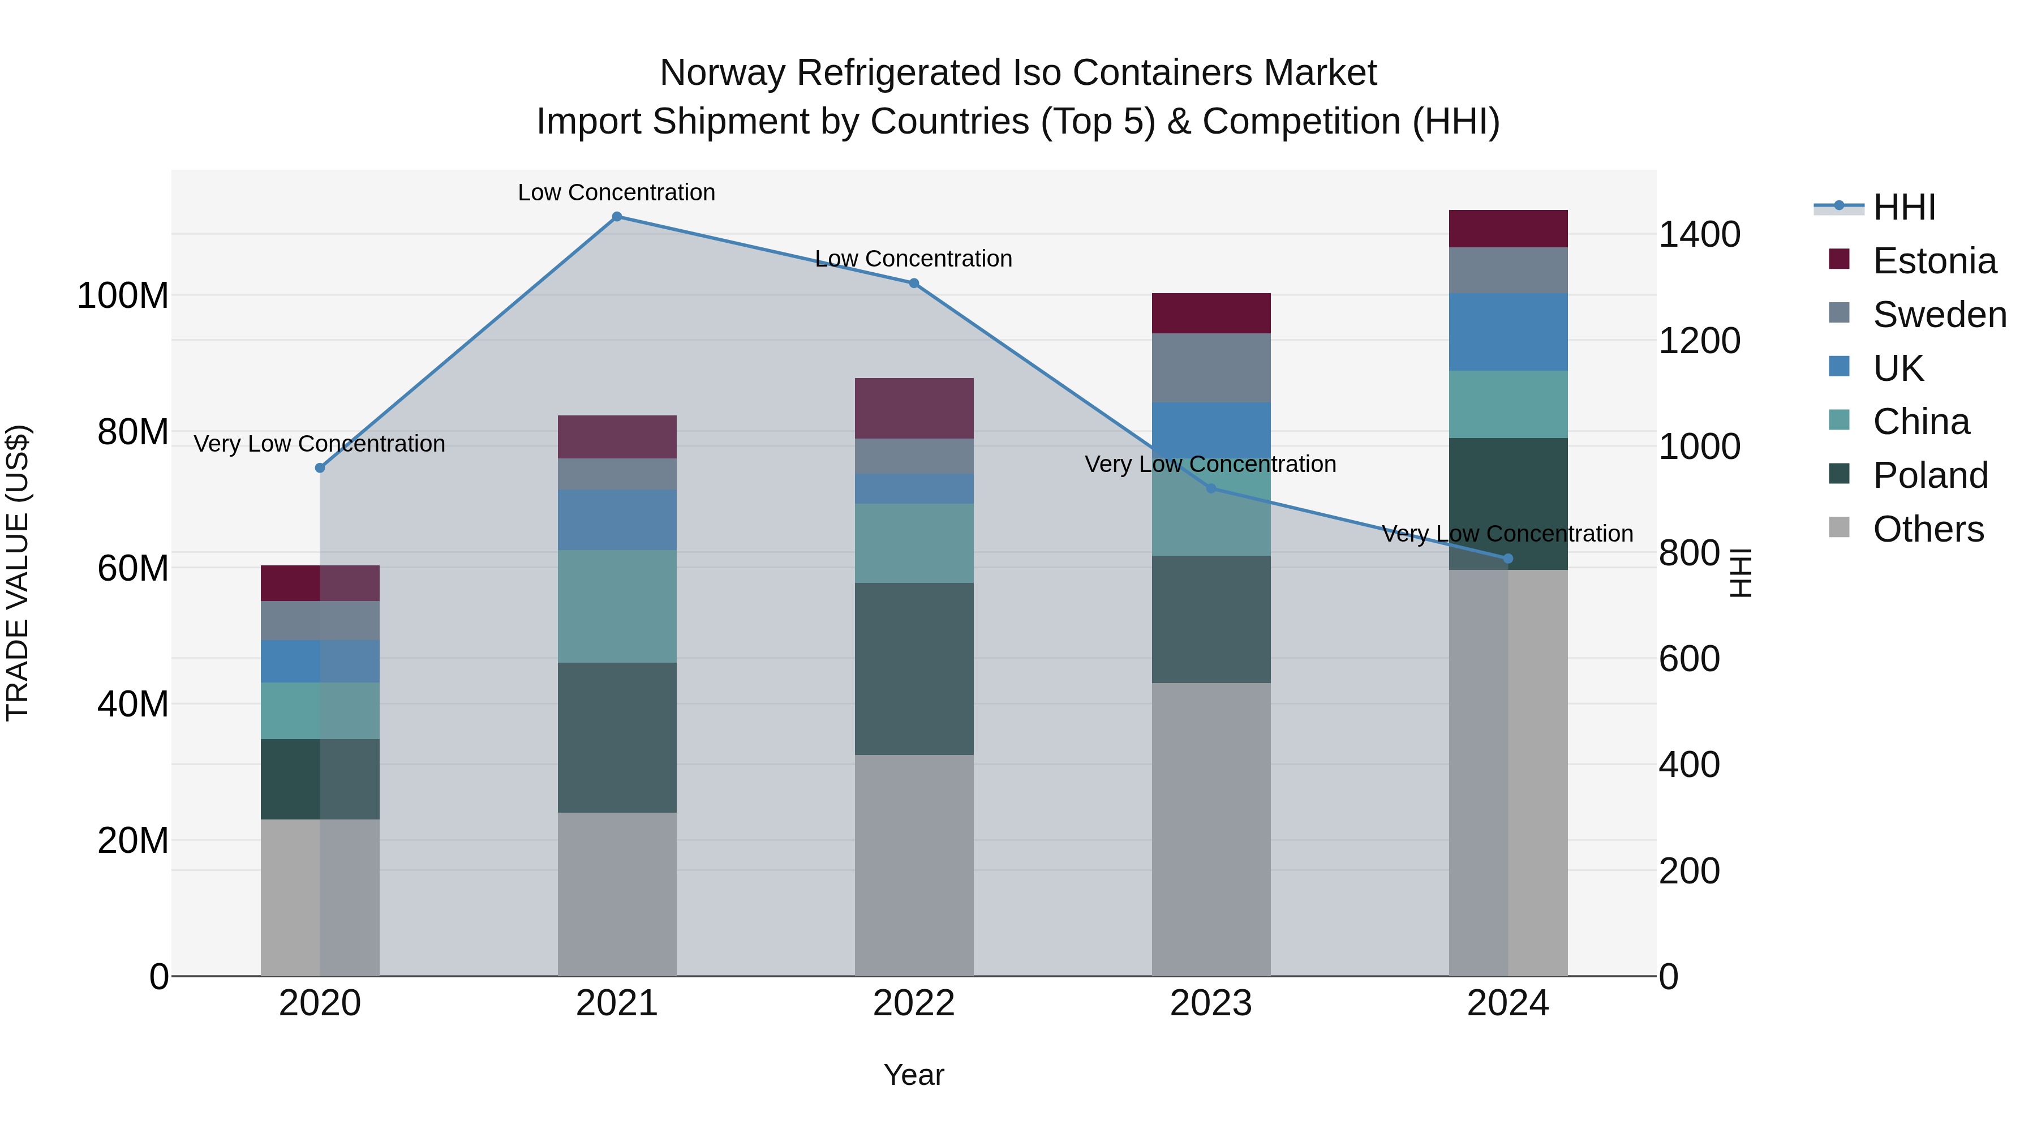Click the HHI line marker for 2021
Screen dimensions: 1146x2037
click(617, 217)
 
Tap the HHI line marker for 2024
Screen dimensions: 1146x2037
click(1507, 559)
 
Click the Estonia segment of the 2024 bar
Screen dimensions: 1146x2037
click(1507, 229)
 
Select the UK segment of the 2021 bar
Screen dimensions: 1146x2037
click(617, 520)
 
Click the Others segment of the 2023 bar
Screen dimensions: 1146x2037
click(1211, 829)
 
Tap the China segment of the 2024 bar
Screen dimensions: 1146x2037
click(1507, 404)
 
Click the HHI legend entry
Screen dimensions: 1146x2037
click(1903, 207)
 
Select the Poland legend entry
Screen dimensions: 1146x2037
click(1929, 475)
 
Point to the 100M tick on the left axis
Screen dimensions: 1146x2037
click(123, 296)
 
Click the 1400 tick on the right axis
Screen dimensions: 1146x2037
click(1699, 234)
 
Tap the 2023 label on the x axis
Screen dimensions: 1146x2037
click(1211, 1003)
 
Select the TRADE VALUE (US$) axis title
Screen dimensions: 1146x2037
click(18, 573)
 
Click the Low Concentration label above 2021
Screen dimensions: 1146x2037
click(616, 192)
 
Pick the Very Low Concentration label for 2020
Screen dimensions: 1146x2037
click(320, 444)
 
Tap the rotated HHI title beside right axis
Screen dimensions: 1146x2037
click(1741, 573)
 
